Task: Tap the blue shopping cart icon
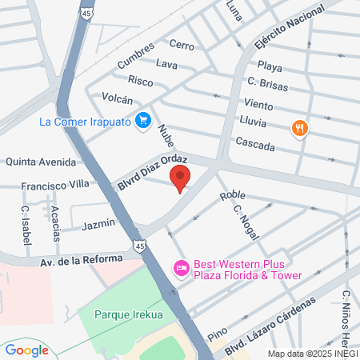143,121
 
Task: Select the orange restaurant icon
300,127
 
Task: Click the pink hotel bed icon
182,268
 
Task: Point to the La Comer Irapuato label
86,122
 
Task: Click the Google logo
26,350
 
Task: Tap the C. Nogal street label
244,217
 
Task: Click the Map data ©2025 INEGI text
312,353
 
